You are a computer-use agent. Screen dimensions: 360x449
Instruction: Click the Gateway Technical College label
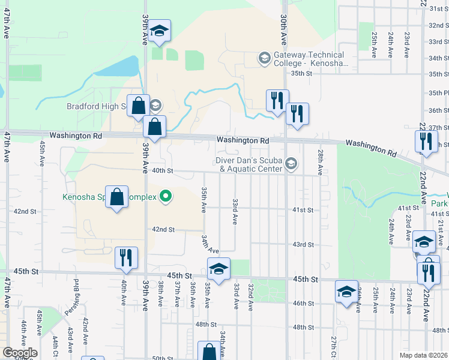click(x=310, y=58)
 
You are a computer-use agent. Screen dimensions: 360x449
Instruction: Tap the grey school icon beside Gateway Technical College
click(x=264, y=58)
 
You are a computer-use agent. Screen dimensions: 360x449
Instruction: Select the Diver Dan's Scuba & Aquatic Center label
click(x=250, y=164)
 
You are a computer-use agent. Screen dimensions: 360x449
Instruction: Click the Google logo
click(x=20, y=353)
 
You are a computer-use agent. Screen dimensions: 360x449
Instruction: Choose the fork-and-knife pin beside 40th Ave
click(x=126, y=257)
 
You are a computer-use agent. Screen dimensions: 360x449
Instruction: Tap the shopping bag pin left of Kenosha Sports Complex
click(x=117, y=197)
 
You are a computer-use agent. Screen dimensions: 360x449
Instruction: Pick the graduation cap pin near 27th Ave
click(x=346, y=292)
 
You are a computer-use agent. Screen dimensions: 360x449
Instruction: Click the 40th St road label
click(x=162, y=170)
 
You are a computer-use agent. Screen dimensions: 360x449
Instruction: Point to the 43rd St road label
click(x=303, y=245)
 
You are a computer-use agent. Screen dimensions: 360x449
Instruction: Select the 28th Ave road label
click(x=321, y=163)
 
